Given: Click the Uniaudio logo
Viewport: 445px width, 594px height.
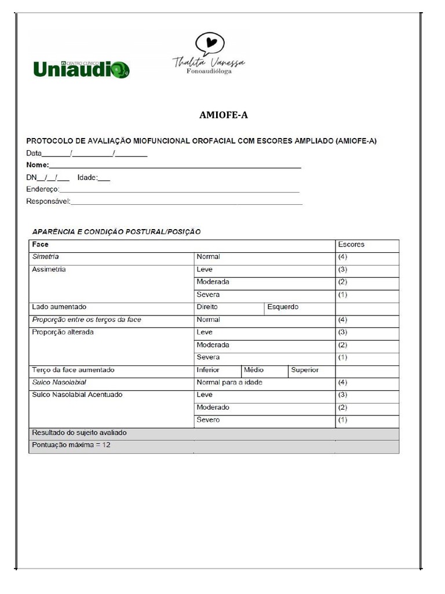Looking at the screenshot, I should [x=81, y=69].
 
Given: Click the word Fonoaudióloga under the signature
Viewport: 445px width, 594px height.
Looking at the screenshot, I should [x=209, y=71].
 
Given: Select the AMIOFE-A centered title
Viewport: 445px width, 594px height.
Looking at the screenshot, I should [x=223, y=115].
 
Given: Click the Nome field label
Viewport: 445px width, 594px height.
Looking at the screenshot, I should [x=38, y=165].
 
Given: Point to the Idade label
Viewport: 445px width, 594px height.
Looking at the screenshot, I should [x=87, y=178].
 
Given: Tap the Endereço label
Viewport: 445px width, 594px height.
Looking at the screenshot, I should [x=42, y=189].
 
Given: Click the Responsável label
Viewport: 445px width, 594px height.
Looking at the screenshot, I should [x=48, y=201].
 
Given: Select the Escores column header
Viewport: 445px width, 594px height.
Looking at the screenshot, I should [x=351, y=244].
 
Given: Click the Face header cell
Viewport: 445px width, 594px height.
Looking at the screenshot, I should [x=41, y=244].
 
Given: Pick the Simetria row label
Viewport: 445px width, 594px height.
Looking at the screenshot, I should [x=46, y=256].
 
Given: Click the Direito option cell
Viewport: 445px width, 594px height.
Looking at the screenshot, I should [x=207, y=307].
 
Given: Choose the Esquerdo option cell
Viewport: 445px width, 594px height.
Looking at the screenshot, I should [x=283, y=307].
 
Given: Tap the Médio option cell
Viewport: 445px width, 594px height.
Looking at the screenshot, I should [x=254, y=370].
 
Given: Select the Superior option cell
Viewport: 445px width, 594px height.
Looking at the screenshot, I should [x=305, y=370].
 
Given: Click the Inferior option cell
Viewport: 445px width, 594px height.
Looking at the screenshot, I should [x=208, y=370].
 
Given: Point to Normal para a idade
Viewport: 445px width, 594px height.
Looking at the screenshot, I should [x=234, y=382].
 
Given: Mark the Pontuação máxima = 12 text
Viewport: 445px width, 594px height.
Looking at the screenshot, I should [x=71, y=444].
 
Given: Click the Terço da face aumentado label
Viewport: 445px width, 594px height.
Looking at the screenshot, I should [x=73, y=370].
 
